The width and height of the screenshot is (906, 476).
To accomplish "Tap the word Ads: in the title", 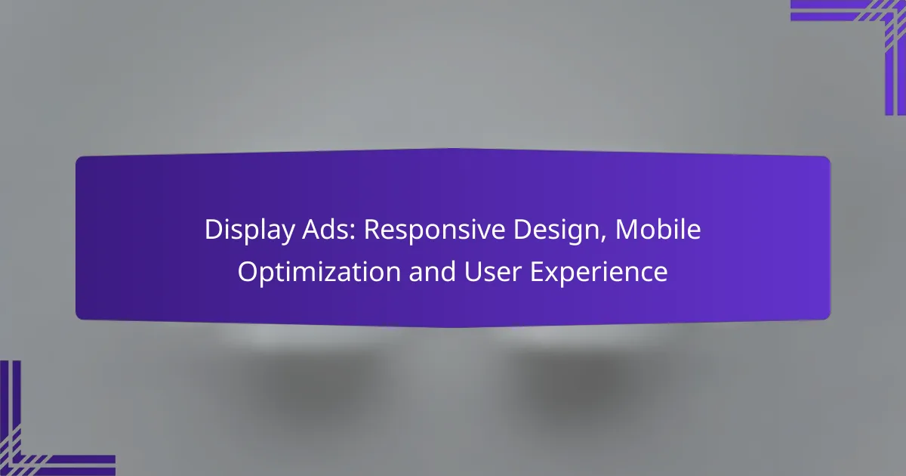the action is [x=329, y=230].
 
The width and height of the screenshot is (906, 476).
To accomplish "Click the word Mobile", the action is [x=658, y=230].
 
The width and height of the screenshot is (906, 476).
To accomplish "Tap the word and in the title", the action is [x=432, y=271].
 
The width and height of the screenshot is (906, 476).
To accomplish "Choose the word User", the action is [x=492, y=272].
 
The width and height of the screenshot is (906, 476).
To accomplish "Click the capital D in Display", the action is [x=214, y=230].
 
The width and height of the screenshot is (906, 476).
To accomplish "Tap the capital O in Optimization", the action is [x=248, y=272].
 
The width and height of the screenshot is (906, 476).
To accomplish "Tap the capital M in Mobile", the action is [x=627, y=230].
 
